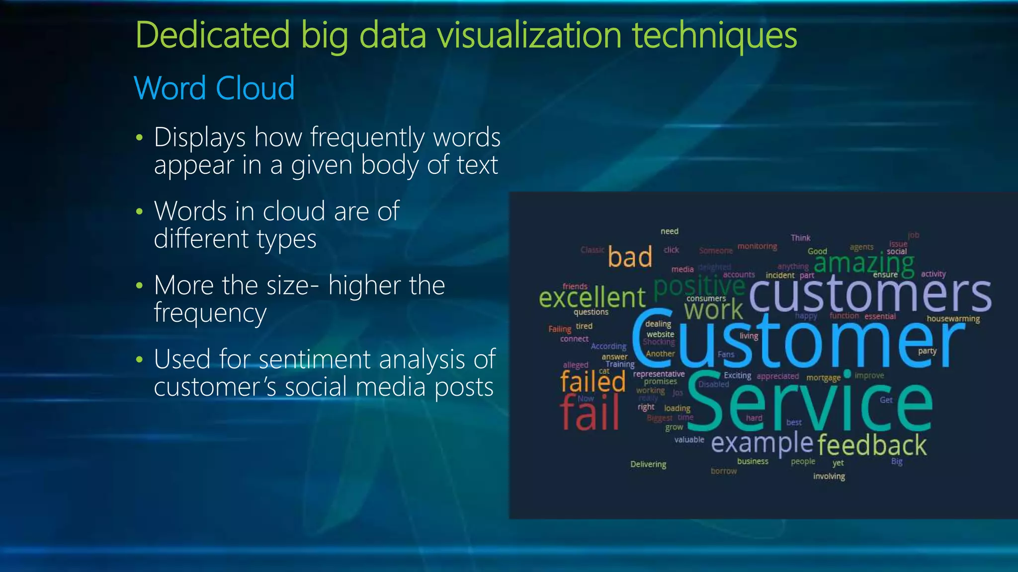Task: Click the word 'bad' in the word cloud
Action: (x=630, y=257)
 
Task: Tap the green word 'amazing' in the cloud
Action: (x=864, y=263)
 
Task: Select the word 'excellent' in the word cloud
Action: (x=592, y=297)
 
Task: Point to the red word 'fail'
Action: (x=590, y=412)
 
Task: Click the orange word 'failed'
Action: (x=593, y=381)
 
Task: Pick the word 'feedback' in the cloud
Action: (x=872, y=445)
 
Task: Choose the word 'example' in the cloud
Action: (x=762, y=443)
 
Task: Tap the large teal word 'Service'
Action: (x=810, y=402)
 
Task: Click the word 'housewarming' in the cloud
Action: (x=953, y=319)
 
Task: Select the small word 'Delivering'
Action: (x=648, y=464)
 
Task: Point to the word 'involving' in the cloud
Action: (x=829, y=477)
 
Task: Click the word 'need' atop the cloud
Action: (x=669, y=231)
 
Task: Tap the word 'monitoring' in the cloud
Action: (x=757, y=246)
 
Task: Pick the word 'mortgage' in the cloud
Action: (x=823, y=378)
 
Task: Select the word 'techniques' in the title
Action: (x=714, y=36)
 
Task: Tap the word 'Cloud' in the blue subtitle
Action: (x=255, y=88)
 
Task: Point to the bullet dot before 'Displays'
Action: (x=139, y=138)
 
